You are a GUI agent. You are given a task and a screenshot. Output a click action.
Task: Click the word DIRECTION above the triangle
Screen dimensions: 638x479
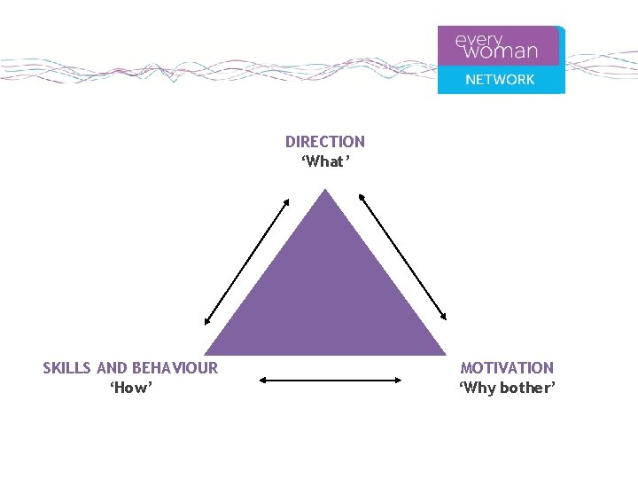(324, 142)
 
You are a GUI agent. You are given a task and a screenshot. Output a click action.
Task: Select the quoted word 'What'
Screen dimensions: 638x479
(325, 161)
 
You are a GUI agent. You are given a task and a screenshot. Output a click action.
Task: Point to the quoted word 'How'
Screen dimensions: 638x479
(131, 389)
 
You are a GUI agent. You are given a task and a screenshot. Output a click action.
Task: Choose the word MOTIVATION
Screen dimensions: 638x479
(507, 368)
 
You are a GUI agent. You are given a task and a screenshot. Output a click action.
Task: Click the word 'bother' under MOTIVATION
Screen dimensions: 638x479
(526, 389)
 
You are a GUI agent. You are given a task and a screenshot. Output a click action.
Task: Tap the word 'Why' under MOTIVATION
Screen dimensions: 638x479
(478, 389)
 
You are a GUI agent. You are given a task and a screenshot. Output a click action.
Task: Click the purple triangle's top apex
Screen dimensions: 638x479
(326, 191)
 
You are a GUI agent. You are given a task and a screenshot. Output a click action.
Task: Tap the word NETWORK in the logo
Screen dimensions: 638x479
(500, 80)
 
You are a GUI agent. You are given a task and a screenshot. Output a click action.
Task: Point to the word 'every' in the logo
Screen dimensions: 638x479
(478, 40)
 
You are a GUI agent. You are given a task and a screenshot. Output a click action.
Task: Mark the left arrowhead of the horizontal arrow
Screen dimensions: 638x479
(262, 380)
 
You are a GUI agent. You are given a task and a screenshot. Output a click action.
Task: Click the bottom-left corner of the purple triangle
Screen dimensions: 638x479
(207, 354)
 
